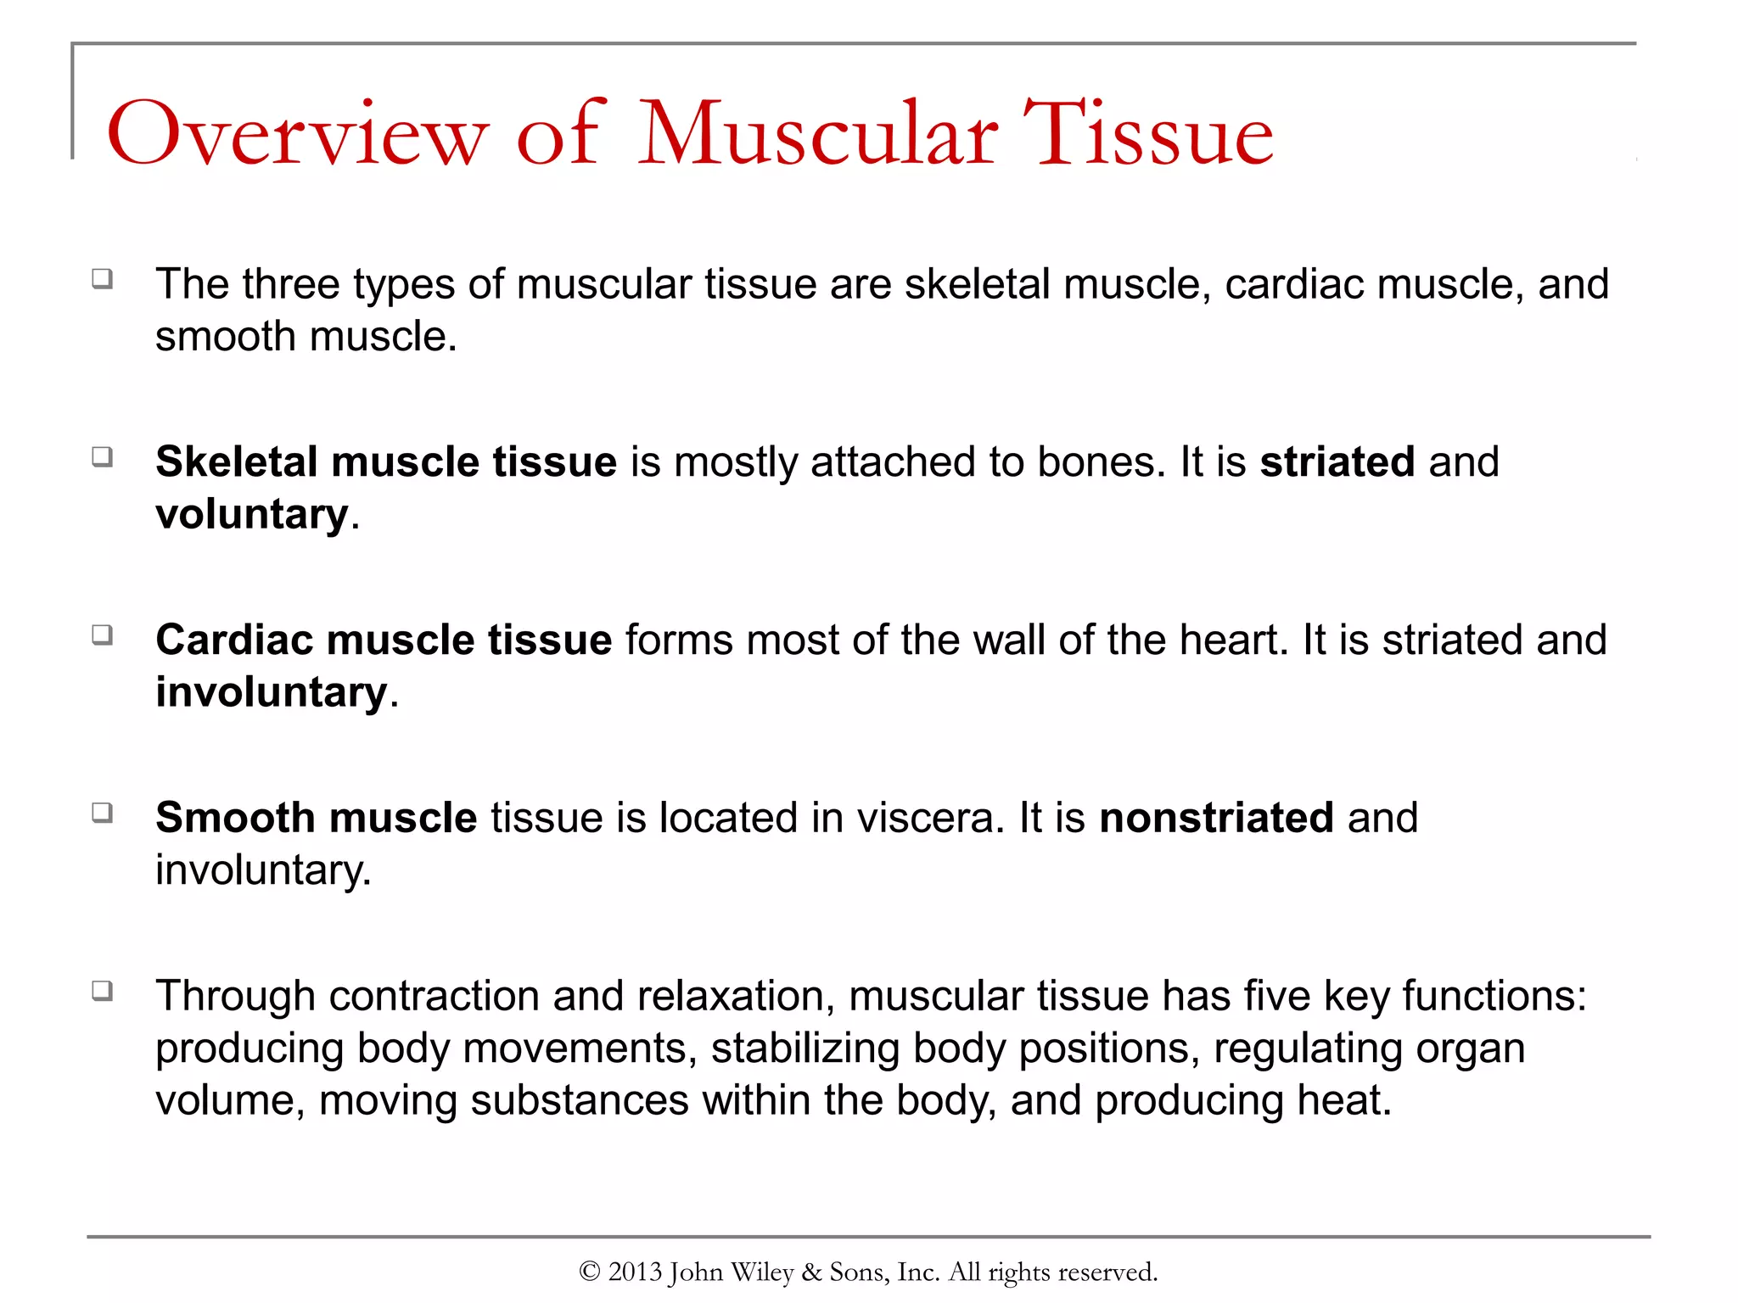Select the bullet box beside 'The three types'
pyautogui.click(x=103, y=279)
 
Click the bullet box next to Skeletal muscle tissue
pyautogui.click(x=103, y=457)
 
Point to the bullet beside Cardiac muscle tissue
pyautogui.click(x=103, y=635)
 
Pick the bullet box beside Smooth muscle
pyautogui.click(x=103, y=813)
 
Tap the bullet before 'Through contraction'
pyautogui.click(x=103, y=991)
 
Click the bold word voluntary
pyautogui.click(x=252, y=515)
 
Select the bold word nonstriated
pyautogui.click(x=1216, y=818)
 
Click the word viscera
pyautogui.click(x=930, y=818)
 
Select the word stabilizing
pyautogui.click(x=805, y=1049)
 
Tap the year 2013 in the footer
pyautogui.click(x=635, y=1272)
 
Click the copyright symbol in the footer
pyautogui.click(x=590, y=1272)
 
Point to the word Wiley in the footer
pyautogui.click(x=761, y=1272)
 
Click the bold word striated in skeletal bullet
pyautogui.click(x=1337, y=462)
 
